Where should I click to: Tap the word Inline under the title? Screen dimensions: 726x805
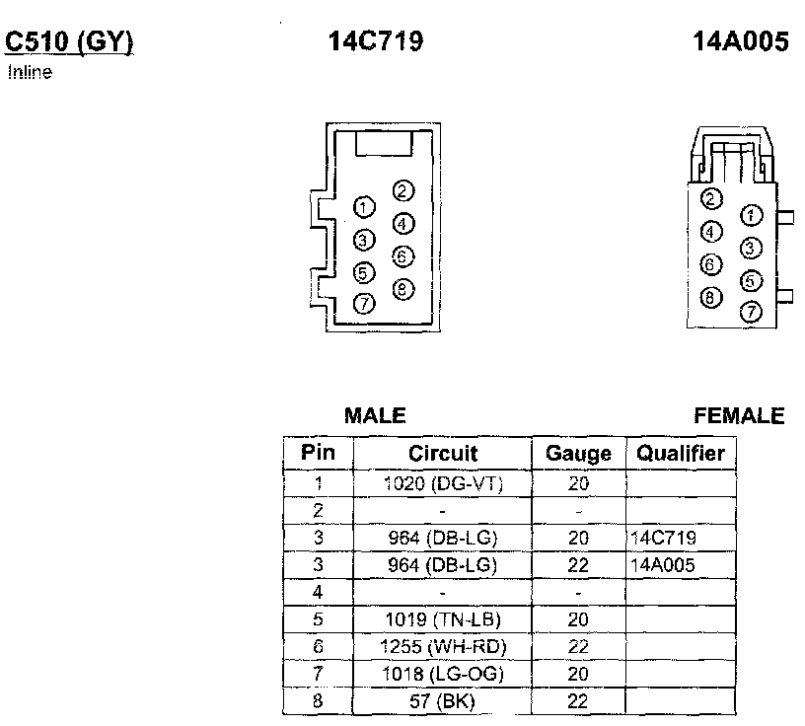click(29, 72)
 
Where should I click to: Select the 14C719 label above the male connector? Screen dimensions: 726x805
click(376, 41)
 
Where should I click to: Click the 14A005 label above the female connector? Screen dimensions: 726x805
click(741, 41)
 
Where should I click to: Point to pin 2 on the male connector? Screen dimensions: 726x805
click(402, 191)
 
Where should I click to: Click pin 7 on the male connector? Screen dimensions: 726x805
click(364, 304)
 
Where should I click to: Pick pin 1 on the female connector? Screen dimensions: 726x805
click(752, 215)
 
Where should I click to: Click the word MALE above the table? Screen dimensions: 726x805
click(375, 416)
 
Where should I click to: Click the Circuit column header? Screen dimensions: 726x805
click(443, 454)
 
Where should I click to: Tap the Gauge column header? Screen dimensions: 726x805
click(578, 454)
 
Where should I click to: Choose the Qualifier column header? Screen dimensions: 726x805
click(681, 454)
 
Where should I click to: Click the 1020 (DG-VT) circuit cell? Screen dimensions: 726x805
click(443, 483)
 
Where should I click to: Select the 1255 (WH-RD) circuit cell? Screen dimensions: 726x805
click(443, 646)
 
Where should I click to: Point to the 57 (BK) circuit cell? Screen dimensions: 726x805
click(443, 700)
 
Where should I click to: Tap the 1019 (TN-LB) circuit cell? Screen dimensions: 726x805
click(443, 619)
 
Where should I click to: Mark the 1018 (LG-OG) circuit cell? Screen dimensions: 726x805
click(443, 674)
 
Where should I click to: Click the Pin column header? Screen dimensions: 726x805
click(318, 454)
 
